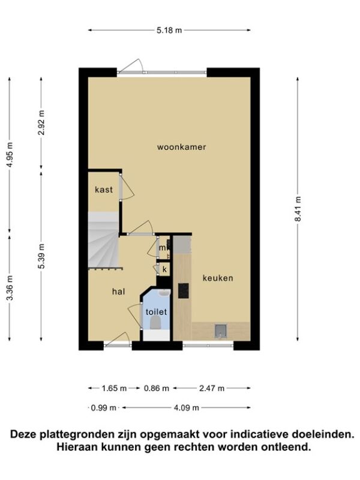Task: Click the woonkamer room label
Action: [182, 147]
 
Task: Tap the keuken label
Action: [218, 278]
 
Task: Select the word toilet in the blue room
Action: [156, 312]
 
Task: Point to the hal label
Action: [118, 292]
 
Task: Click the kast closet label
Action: [104, 190]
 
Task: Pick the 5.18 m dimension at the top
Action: [169, 30]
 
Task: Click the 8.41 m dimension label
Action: [298, 208]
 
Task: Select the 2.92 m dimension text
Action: [41, 122]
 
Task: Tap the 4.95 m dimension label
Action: [10, 155]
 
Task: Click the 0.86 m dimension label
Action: [157, 388]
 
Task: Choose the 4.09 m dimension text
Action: [187, 408]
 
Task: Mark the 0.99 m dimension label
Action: [104, 408]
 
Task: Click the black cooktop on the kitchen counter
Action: [184, 291]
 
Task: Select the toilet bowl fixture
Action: [156, 323]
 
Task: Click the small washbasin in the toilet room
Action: [164, 293]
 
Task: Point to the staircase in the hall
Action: [103, 239]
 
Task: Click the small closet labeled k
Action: [164, 269]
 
